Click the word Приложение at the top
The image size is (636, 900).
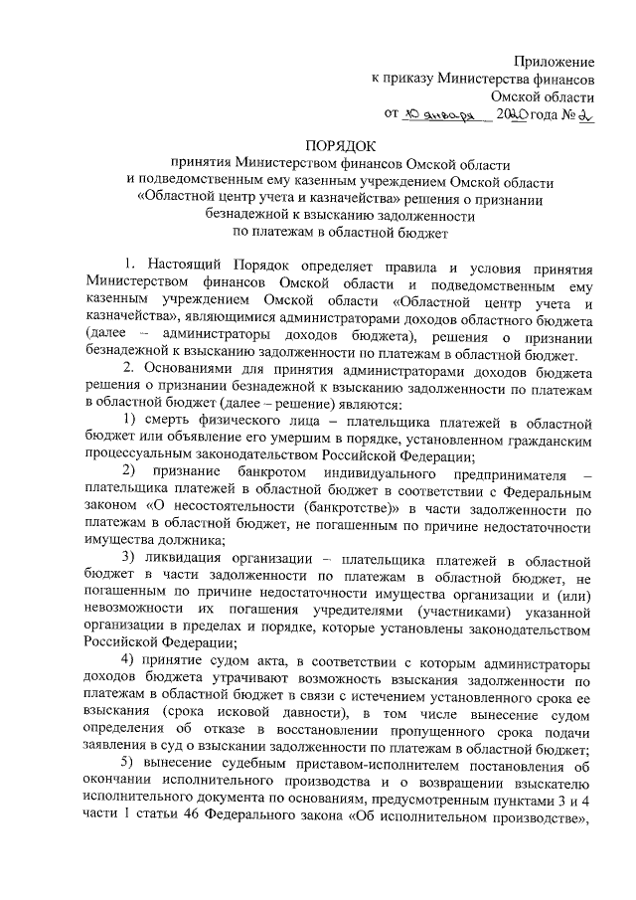[x=558, y=62]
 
